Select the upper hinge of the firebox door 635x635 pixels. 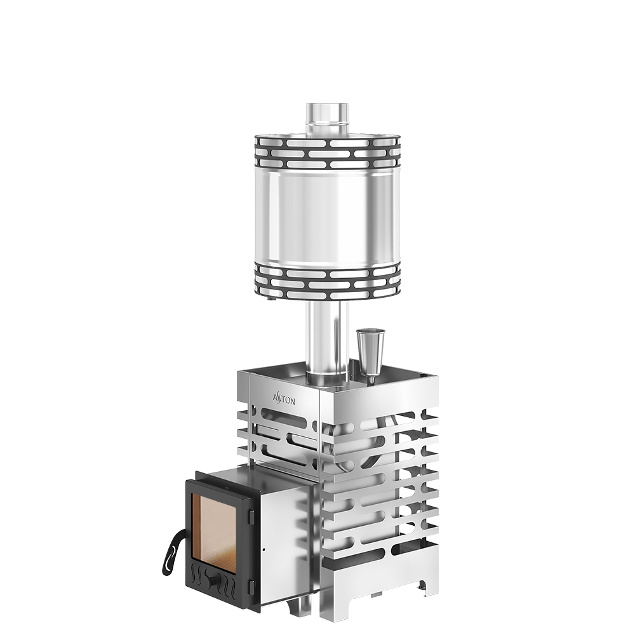click(251, 516)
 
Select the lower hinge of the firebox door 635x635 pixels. click(251, 587)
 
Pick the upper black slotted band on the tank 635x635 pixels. click(327, 153)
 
